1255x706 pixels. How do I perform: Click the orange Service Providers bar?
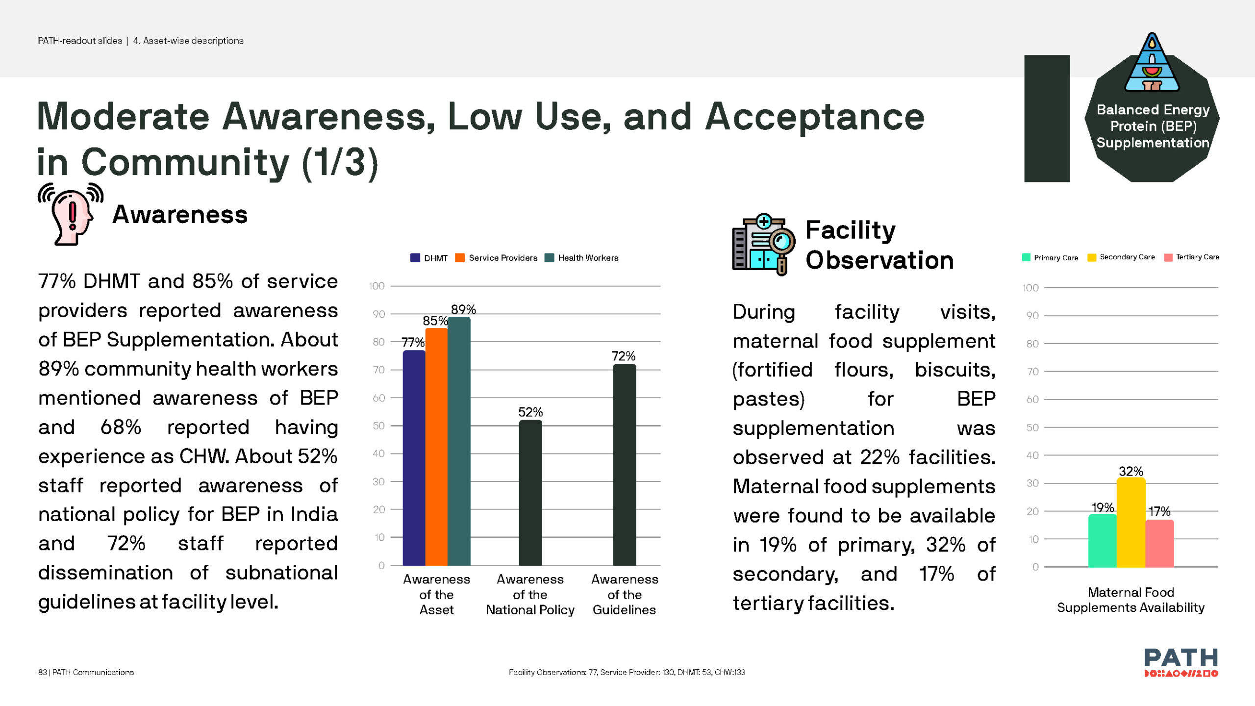coord(436,446)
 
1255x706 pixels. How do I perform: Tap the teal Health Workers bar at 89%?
coord(459,441)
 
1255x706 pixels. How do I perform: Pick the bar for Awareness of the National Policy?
coord(530,493)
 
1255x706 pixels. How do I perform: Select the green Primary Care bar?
coord(1102,540)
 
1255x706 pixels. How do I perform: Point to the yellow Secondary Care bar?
coord(1131,523)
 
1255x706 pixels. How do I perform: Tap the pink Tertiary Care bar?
coord(1159,543)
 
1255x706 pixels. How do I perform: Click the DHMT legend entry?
coord(429,258)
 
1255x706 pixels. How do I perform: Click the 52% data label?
coord(530,412)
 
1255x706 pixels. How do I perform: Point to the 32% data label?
coord(1131,471)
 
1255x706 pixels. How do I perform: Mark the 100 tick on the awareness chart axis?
coord(376,286)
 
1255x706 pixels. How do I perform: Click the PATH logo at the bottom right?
coord(1180,662)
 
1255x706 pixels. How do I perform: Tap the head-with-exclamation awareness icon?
coord(71,214)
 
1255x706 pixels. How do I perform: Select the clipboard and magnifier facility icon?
coord(763,245)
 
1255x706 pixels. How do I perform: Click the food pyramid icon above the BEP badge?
coord(1152,64)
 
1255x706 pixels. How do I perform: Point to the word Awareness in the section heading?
coord(180,215)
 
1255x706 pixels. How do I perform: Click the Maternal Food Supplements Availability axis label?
coord(1130,600)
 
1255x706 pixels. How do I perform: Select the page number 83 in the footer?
coord(42,672)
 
